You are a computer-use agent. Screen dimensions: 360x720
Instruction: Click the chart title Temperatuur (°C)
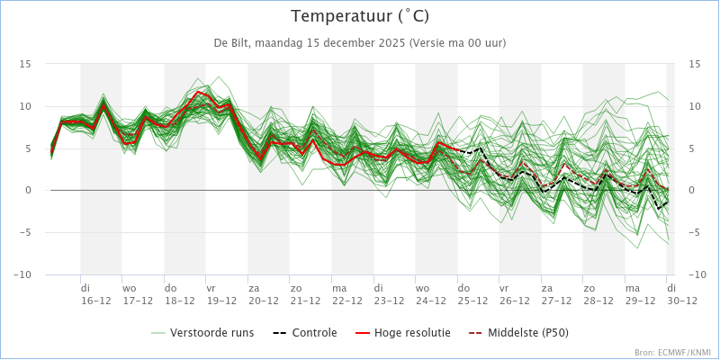(360, 16)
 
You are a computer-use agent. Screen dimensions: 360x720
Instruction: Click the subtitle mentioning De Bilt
(360, 43)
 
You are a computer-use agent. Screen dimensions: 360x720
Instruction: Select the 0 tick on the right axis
(692, 191)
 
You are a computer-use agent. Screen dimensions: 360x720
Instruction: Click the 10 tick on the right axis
(695, 106)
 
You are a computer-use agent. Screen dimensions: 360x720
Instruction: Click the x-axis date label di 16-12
(95, 295)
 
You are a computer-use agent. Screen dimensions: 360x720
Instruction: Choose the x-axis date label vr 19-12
(221, 295)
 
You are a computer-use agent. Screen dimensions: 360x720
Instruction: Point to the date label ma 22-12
(346, 295)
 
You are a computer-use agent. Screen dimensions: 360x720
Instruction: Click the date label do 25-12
(472, 295)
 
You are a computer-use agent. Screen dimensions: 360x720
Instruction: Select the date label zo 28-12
(598, 295)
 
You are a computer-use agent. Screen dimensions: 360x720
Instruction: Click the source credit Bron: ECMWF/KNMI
(673, 353)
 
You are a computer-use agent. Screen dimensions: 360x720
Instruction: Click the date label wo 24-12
(430, 295)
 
